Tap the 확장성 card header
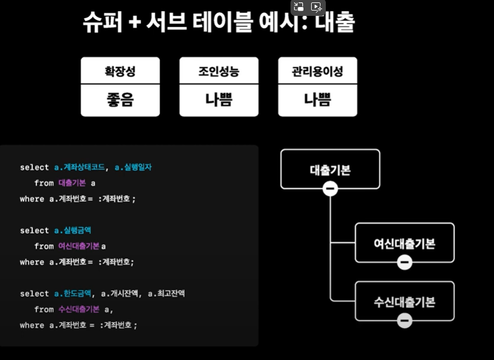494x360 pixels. point(120,72)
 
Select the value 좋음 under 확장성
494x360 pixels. point(120,100)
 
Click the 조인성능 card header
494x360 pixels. point(219,72)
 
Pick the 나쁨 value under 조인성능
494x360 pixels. point(219,100)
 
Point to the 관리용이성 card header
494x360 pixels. point(317,72)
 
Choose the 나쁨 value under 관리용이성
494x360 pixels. point(317,100)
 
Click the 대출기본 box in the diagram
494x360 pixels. point(330,169)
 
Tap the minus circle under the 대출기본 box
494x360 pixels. point(330,189)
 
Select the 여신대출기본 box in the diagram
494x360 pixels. point(405,242)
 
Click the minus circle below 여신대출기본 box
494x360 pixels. point(405,262)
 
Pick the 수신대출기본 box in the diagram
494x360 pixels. point(405,301)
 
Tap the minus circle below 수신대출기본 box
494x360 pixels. point(405,321)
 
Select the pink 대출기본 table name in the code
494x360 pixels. point(72,184)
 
